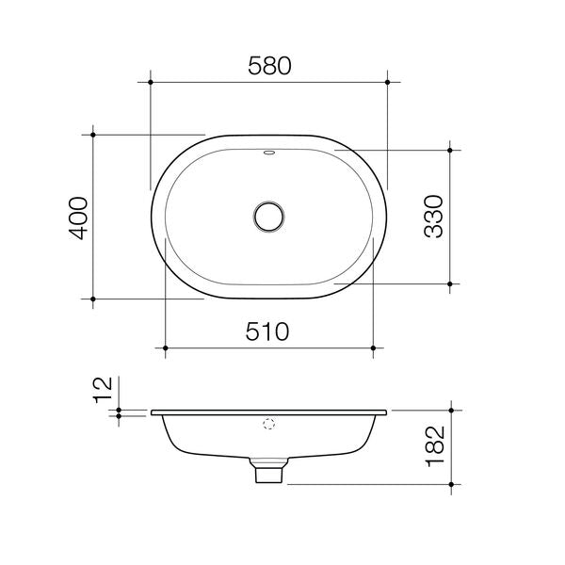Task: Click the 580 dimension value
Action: click(x=269, y=65)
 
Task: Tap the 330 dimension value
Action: click(x=434, y=217)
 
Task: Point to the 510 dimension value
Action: click(x=269, y=331)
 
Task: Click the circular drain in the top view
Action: click(x=269, y=216)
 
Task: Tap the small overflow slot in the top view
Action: click(x=269, y=151)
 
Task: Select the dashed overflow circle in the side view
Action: click(x=270, y=425)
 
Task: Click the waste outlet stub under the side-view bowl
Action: click(x=269, y=470)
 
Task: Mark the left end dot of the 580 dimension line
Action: click(x=151, y=83)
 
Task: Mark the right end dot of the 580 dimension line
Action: click(x=388, y=83)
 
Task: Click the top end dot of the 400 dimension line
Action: click(x=93, y=135)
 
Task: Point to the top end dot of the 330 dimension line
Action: click(x=452, y=150)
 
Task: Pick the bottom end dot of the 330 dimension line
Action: click(x=452, y=283)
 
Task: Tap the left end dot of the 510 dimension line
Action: click(x=166, y=348)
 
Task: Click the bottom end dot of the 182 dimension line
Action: click(x=452, y=484)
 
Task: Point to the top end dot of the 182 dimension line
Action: click(x=452, y=411)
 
